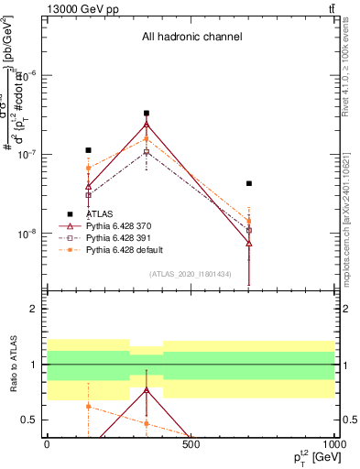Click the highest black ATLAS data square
coord(147,114)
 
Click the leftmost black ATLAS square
coord(88,150)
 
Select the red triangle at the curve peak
coord(147,125)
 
